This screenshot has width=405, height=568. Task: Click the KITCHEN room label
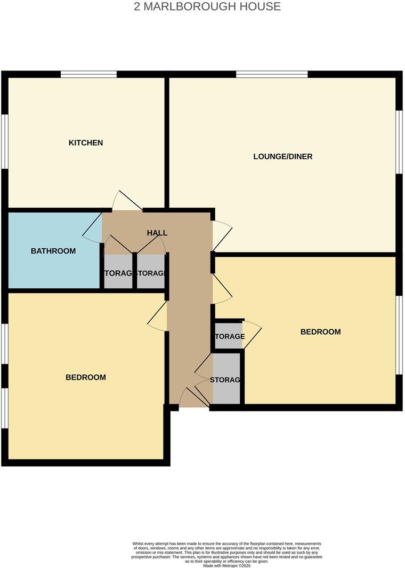click(86, 143)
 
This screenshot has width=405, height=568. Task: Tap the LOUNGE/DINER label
click(282, 156)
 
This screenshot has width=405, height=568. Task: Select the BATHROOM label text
click(53, 251)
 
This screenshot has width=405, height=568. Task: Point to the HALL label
click(157, 233)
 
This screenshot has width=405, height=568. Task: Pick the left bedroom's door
click(158, 318)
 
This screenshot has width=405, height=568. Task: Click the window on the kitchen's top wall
click(88, 74)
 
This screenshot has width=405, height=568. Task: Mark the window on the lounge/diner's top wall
click(272, 74)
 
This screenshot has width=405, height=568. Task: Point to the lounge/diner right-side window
click(399, 141)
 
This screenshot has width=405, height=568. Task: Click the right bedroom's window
click(399, 335)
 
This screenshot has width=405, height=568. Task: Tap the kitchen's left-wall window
click(4, 141)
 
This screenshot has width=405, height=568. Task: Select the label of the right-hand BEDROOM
click(320, 332)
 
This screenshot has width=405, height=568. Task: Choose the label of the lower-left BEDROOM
click(86, 377)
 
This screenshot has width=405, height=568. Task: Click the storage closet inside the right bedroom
click(229, 336)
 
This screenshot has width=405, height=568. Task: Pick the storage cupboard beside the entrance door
click(226, 380)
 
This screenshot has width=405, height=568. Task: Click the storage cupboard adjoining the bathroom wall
click(118, 273)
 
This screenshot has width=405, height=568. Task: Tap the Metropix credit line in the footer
click(226, 565)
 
